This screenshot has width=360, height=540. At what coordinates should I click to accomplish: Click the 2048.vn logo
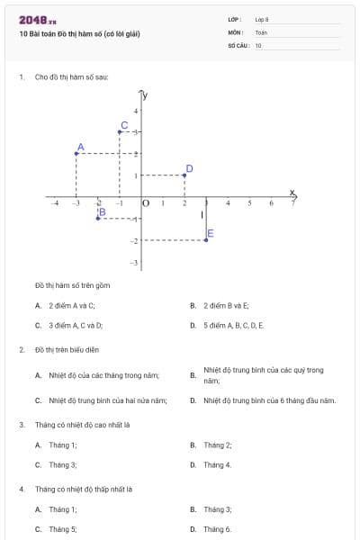(37, 19)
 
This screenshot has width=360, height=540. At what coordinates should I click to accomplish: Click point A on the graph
(76, 153)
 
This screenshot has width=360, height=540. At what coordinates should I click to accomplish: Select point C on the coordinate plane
(120, 131)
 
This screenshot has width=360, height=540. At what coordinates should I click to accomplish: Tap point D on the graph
(184, 175)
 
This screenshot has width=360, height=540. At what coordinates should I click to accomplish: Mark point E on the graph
(206, 240)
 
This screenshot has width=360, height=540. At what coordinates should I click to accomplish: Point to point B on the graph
(98, 219)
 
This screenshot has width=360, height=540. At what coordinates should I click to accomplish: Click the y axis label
(145, 94)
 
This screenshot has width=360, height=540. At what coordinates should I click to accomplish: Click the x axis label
(292, 192)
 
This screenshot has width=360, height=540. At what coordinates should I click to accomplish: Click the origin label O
(146, 204)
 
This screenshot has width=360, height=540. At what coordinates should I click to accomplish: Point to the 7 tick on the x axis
(292, 204)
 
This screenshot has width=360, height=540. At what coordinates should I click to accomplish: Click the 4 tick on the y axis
(136, 111)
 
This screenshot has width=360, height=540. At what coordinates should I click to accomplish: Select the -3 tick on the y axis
(134, 262)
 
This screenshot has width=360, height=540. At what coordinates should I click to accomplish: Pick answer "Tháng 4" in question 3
(217, 464)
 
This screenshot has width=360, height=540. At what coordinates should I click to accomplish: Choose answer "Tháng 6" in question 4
(217, 529)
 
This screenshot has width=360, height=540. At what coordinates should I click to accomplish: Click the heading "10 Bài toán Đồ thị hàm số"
(79, 34)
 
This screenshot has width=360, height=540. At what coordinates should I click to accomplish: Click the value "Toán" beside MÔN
(261, 31)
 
